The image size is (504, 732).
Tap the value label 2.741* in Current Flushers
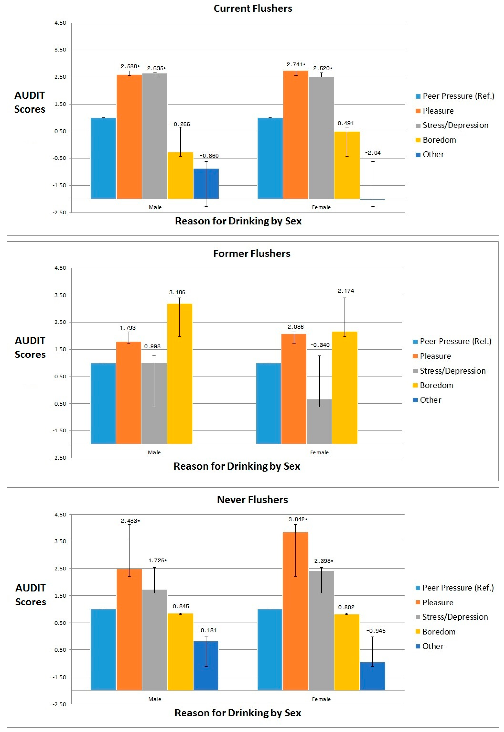coord(296,65)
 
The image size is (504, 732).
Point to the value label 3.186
coord(177,293)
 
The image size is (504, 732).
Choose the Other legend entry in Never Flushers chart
coord(433,646)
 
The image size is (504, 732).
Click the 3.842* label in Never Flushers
coord(298,519)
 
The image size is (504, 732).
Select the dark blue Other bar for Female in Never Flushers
coord(372,676)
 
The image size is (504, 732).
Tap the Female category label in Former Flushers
coord(319,452)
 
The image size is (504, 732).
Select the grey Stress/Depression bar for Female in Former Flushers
coord(319,422)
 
